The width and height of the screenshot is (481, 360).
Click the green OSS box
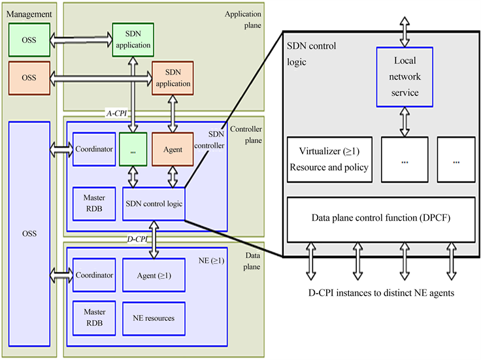pyautogui.click(x=29, y=40)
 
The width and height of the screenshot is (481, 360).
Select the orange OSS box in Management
pyautogui.click(x=29, y=77)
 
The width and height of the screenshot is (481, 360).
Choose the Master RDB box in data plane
pyautogui.click(x=91, y=318)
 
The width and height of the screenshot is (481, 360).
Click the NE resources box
pyautogui.click(x=154, y=318)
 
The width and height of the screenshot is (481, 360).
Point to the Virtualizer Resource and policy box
pyautogui.click(x=329, y=159)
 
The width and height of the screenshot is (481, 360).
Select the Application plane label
pyautogui.click(x=242, y=20)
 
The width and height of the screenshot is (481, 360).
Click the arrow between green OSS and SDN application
pyautogui.click(x=80, y=40)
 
